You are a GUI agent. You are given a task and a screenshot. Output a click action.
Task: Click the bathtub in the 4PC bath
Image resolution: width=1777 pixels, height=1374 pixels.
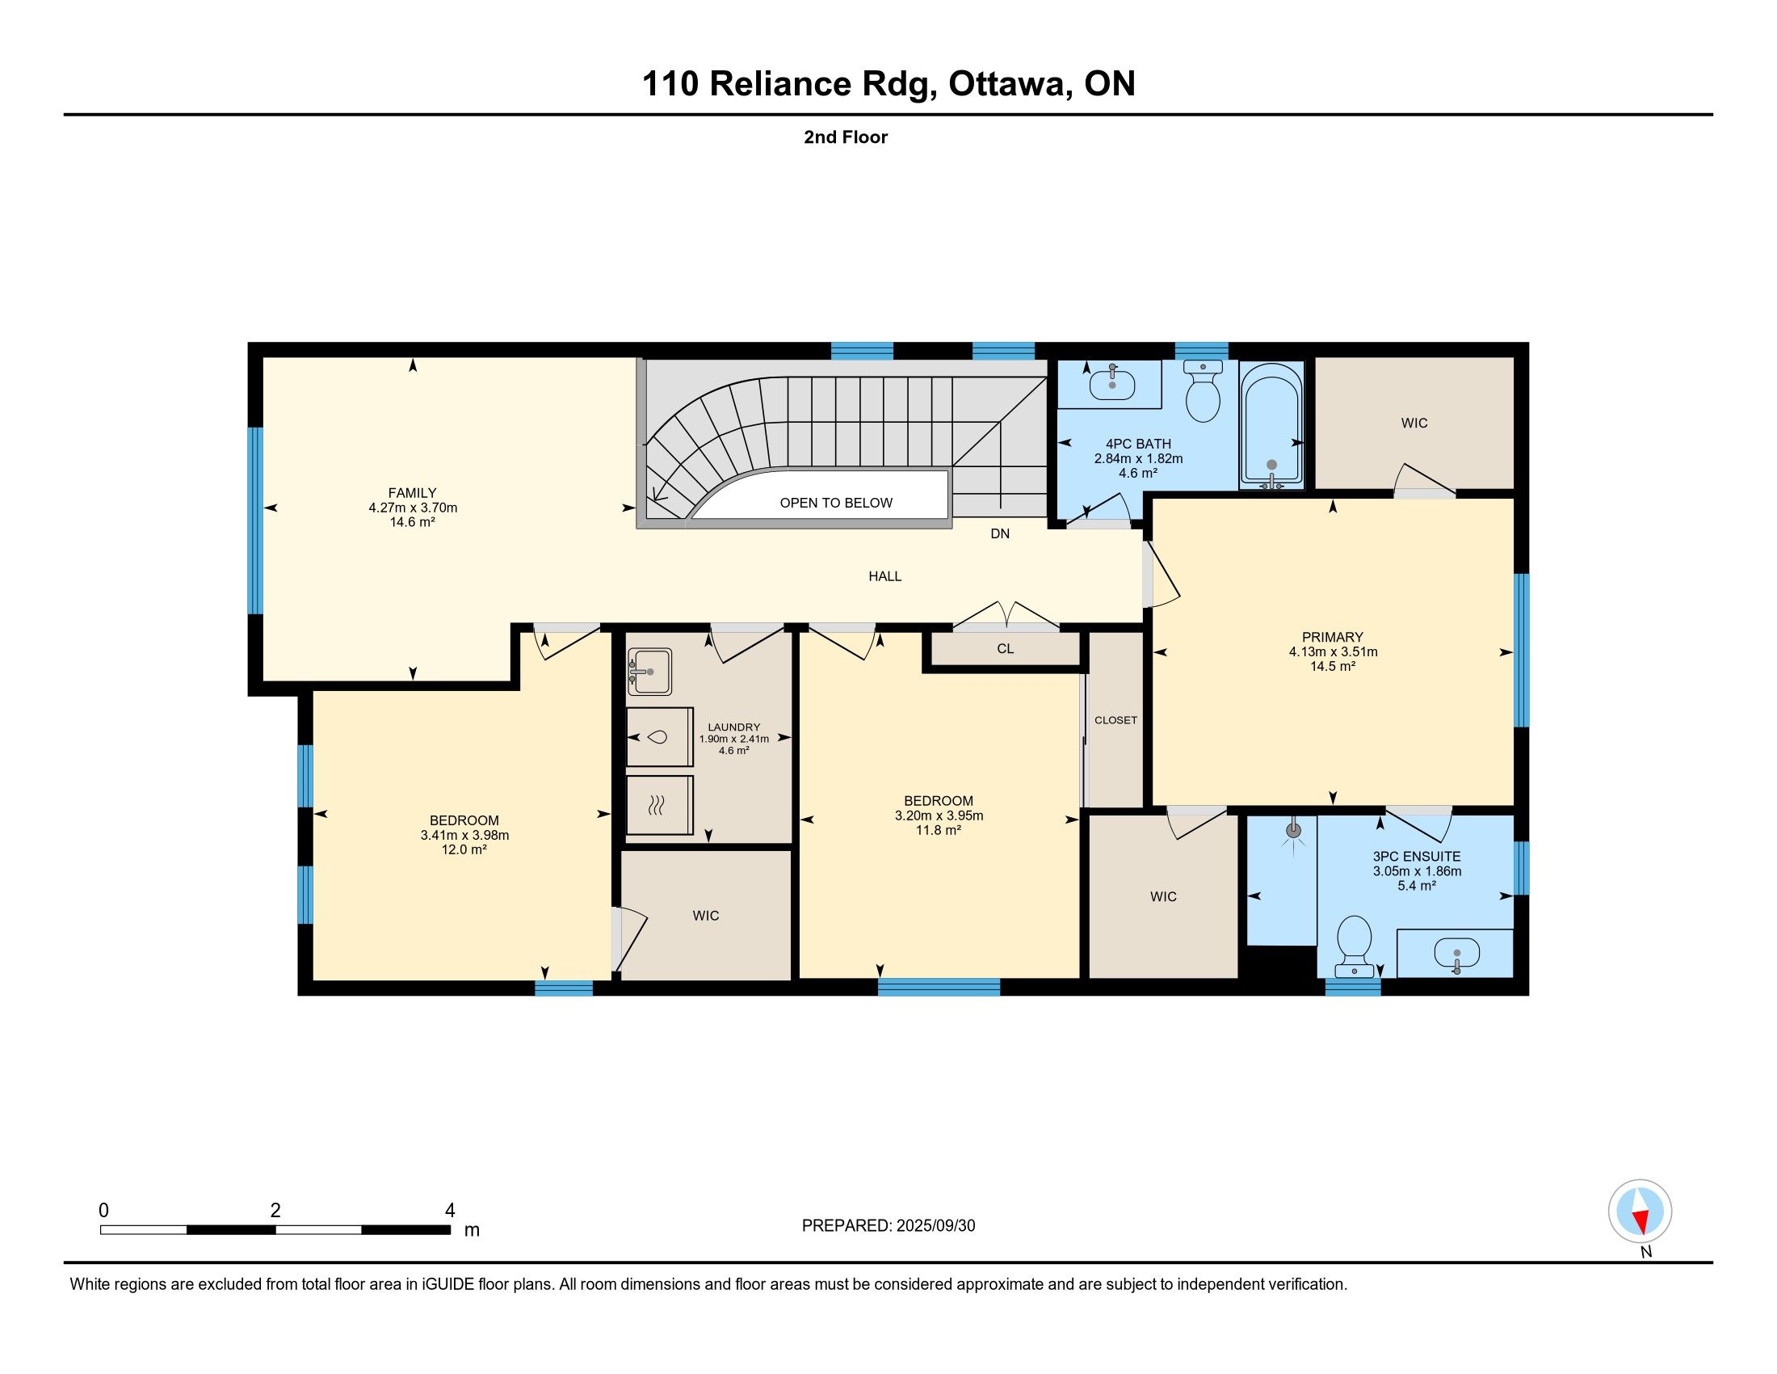tap(1271, 425)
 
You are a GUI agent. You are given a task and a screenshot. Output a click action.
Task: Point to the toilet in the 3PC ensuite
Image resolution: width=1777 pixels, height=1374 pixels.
tap(1355, 945)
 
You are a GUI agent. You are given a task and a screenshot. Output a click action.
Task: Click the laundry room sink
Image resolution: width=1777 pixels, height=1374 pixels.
tap(649, 672)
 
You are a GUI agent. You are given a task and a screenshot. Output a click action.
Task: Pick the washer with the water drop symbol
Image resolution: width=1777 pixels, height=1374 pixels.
tap(659, 737)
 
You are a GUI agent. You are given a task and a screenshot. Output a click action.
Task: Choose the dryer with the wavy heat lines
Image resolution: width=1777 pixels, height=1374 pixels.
tap(659, 805)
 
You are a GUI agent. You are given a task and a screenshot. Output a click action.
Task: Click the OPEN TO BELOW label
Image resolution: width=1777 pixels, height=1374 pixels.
tap(836, 503)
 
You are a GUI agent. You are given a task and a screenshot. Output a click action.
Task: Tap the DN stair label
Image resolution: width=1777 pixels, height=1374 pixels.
tap(1000, 534)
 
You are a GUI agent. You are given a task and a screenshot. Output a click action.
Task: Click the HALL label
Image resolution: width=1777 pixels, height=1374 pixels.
tap(884, 576)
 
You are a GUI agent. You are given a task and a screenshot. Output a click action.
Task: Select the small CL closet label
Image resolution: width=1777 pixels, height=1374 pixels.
tap(1006, 649)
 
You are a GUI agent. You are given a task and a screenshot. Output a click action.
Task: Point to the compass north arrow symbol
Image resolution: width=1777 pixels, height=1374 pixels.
tap(1640, 1211)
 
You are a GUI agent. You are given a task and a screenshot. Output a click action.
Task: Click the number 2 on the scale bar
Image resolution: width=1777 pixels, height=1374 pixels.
tap(275, 1211)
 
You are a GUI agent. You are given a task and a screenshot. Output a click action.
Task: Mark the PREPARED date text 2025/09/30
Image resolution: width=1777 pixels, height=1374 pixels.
tap(935, 1225)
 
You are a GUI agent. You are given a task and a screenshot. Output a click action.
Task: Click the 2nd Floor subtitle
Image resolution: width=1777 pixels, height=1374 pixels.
tap(846, 137)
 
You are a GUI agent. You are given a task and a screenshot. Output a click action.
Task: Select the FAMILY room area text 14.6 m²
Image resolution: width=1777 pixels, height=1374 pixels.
tap(413, 522)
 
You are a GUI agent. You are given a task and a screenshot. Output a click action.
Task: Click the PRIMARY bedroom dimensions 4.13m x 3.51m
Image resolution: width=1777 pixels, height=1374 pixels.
tap(1333, 651)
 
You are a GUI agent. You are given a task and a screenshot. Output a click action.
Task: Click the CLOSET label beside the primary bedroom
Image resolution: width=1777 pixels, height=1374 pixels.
tap(1115, 720)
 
